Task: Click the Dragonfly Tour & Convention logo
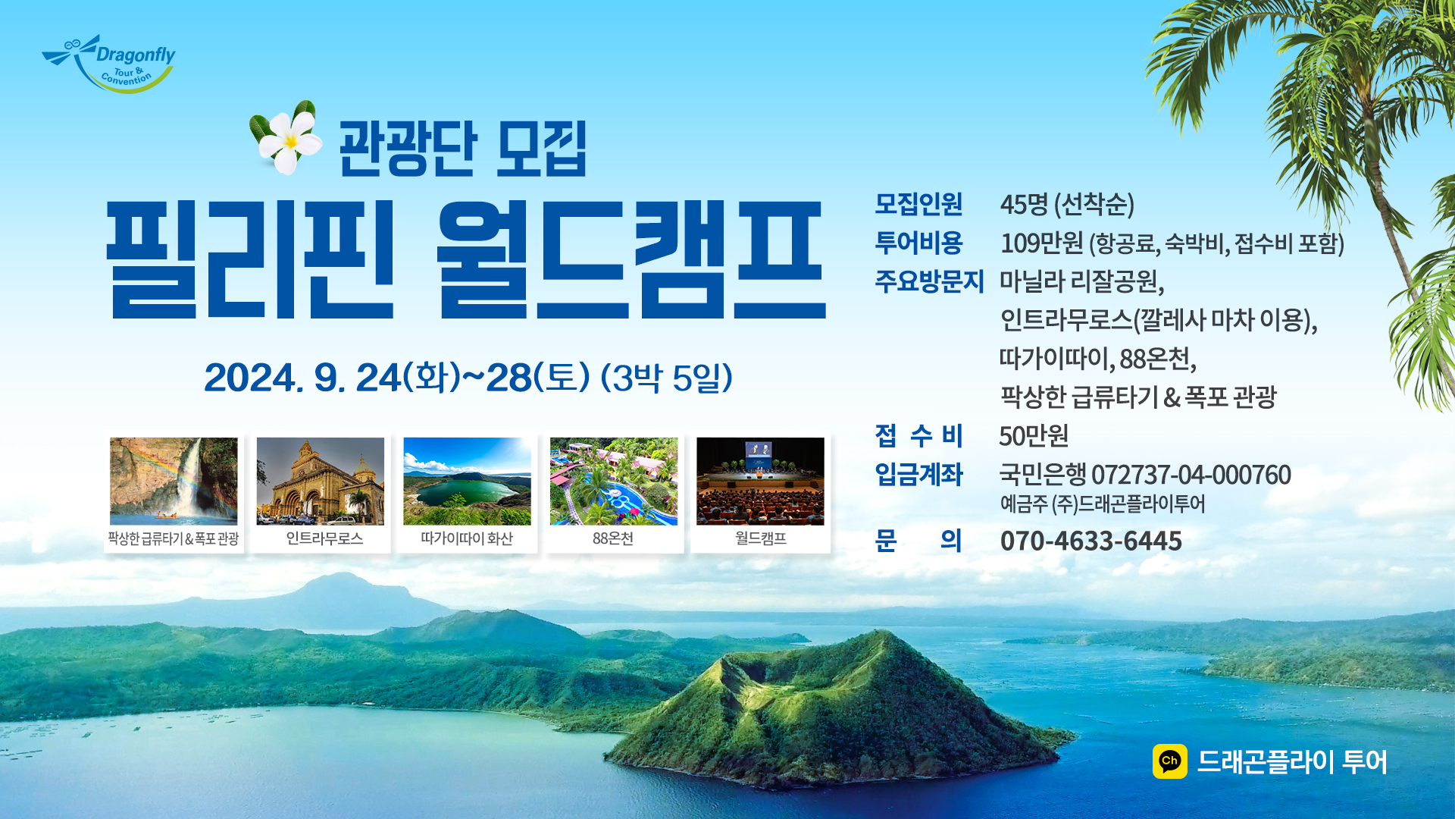108,64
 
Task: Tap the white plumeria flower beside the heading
286,139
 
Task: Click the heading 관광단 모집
462,149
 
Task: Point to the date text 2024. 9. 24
302,378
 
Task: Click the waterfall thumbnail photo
174,481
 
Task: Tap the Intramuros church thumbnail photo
320,481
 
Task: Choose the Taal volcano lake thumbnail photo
467,481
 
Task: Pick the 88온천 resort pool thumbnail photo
614,481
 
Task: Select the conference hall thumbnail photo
760,481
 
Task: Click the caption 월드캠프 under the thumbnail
761,538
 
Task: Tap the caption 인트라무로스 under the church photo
324,538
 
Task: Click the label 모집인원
918,203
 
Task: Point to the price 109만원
1042,243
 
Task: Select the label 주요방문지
930,281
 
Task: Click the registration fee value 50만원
1034,436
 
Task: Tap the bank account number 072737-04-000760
1191,475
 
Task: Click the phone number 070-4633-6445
1091,541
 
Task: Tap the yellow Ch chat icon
1170,761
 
